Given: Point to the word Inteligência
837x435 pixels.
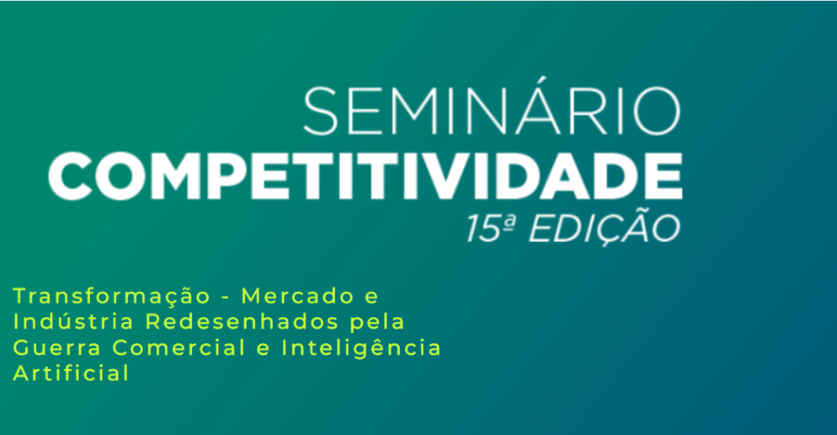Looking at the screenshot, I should pos(360,347).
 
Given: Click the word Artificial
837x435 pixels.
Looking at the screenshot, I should pos(71,373).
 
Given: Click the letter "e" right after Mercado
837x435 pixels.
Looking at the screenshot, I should pos(370,296).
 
